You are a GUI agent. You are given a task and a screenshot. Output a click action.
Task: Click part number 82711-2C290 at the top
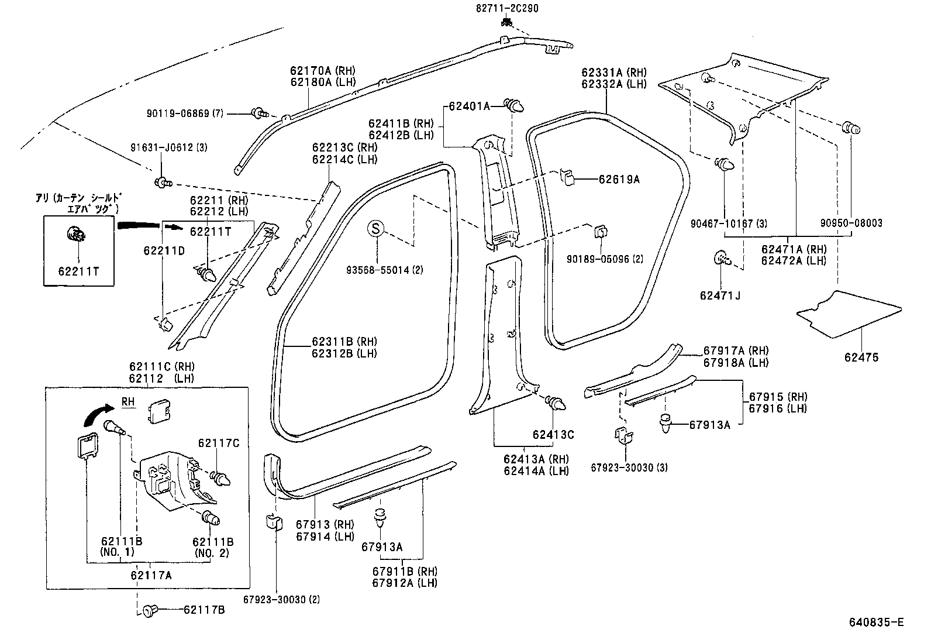(507, 8)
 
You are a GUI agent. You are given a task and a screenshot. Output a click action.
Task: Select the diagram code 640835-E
(876, 622)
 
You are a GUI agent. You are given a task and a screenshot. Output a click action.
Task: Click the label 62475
(861, 357)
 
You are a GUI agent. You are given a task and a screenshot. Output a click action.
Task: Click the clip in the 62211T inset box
(76, 236)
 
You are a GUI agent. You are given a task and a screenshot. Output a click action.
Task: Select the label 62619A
(619, 180)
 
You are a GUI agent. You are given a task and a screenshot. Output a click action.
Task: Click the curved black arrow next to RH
(96, 413)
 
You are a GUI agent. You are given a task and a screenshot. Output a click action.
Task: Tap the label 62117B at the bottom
(204, 610)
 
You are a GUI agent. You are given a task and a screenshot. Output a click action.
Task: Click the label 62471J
(720, 295)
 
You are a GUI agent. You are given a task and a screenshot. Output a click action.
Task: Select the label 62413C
(553, 435)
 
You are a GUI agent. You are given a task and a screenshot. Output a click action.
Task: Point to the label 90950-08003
(851, 223)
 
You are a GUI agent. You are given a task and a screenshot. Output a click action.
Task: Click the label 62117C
(219, 443)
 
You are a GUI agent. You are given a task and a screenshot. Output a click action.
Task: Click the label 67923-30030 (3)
(629, 467)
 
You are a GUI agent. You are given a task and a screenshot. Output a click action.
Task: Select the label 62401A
(469, 106)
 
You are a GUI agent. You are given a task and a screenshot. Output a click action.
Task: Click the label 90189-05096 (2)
(605, 258)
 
